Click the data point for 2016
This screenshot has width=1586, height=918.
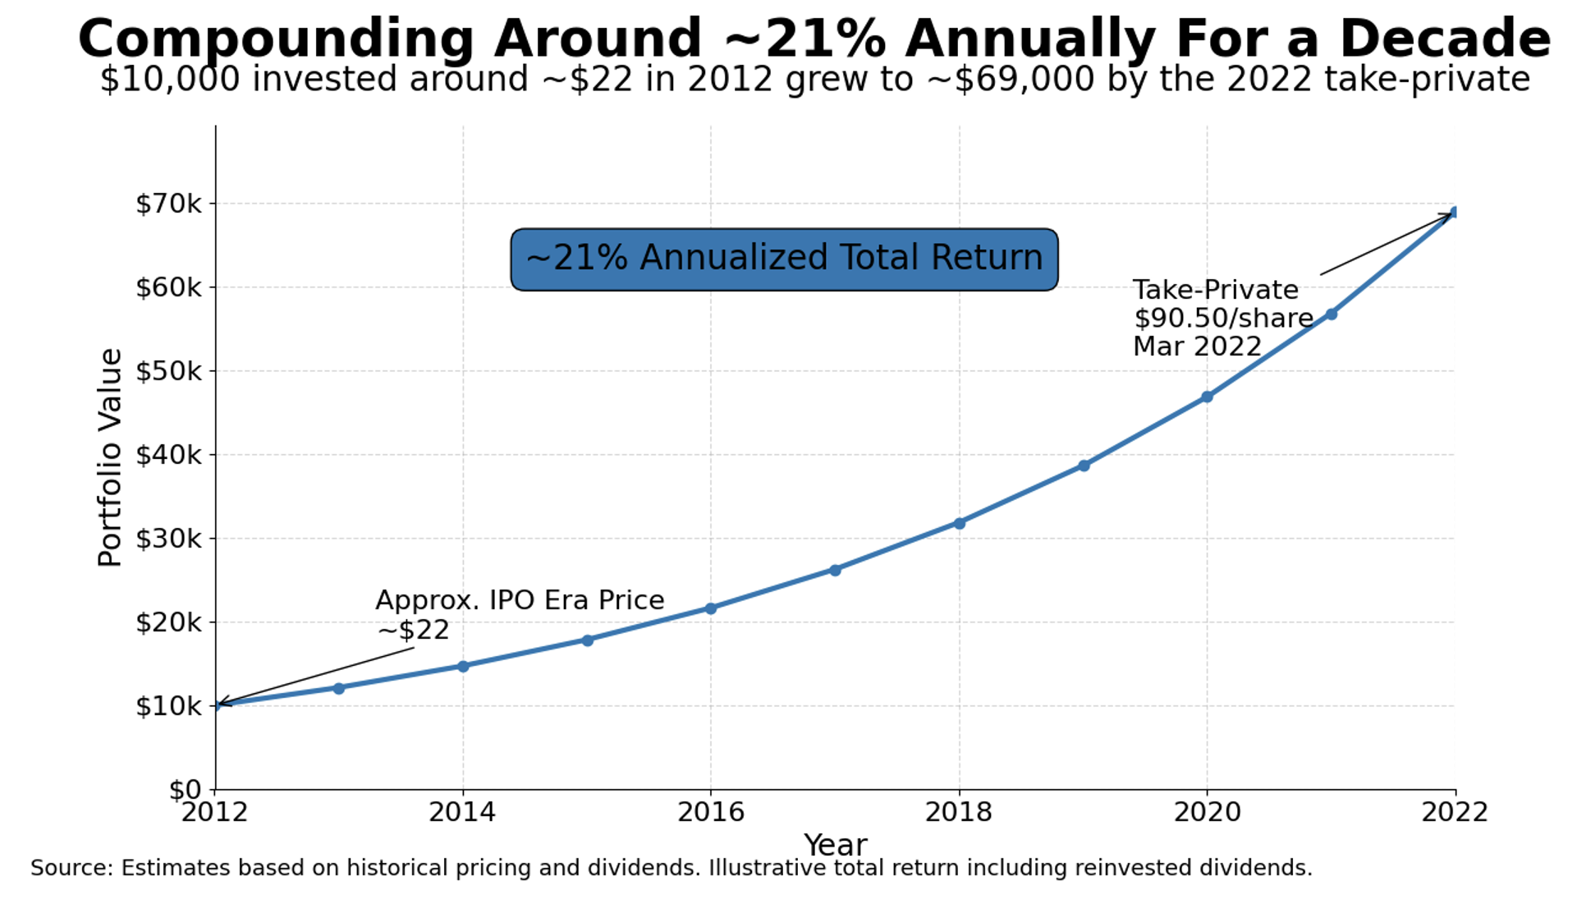pos(711,608)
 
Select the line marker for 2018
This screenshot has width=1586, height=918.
pos(959,523)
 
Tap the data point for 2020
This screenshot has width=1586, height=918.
pos(1207,397)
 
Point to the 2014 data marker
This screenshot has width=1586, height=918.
pos(463,666)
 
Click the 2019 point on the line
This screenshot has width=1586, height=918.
pos(1084,466)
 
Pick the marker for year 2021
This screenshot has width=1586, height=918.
pos(1331,314)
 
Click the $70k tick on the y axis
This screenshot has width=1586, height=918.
pos(168,204)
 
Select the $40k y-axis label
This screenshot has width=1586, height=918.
pos(168,455)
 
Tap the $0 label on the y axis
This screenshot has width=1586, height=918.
pos(185,790)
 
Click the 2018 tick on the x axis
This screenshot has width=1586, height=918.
pos(959,812)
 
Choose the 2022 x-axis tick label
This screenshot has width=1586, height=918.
pos(1455,812)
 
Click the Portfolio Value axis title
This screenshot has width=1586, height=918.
pos(110,457)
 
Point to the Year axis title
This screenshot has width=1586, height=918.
pos(835,845)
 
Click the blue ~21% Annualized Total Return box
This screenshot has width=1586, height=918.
pos(784,259)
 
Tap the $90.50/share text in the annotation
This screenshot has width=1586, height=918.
pos(1223,319)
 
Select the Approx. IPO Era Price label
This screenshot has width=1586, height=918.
pos(520,600)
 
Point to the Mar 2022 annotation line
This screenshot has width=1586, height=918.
pos(1197,347)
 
